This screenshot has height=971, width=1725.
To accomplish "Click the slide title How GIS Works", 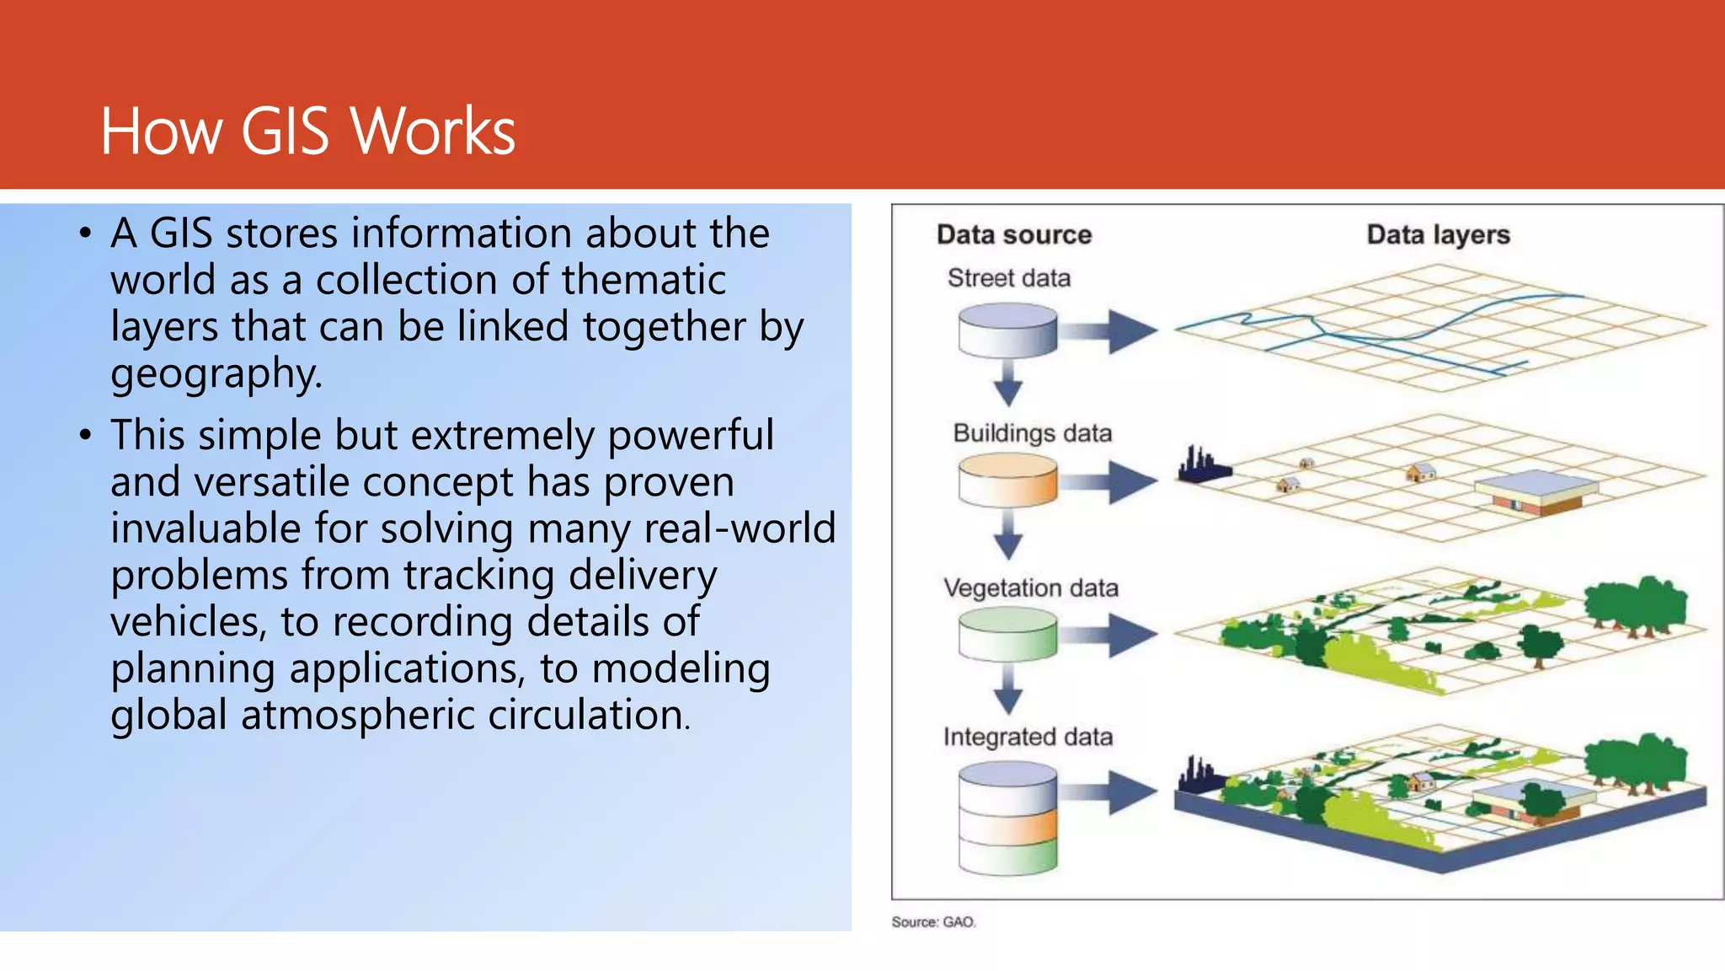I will click(x=307, y=131).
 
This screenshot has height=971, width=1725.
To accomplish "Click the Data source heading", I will click(x=1013, y=234).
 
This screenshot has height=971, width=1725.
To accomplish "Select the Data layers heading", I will click(x=1438, y=234).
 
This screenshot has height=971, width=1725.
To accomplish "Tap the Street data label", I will click(x=1008, y=278).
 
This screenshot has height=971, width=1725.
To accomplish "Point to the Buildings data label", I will click(x=1032, y=433).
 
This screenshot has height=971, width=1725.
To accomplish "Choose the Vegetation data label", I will click(x=1030, y=587).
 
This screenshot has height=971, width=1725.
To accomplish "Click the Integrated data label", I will click(x=1028, y=737).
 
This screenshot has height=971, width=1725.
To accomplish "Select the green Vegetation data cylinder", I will click(x=1007, y=634).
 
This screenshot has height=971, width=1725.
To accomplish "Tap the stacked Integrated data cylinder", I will click(x=1007, y=818).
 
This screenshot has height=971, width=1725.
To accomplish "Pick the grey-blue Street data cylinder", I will click(x=1007, y=330).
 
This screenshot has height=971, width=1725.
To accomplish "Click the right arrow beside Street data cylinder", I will click(x=1110, y=330).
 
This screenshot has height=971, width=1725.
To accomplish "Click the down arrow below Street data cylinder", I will click(x=1007, y=384).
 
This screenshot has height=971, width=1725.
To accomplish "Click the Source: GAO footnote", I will click(x=933, y=922).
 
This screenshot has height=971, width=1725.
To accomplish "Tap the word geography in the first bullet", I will click(x=216, y=373).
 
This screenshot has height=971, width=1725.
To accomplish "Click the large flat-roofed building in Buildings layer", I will click(x=1535, y=493).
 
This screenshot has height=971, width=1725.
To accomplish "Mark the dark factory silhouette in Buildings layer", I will click(x=1203, y=466).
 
